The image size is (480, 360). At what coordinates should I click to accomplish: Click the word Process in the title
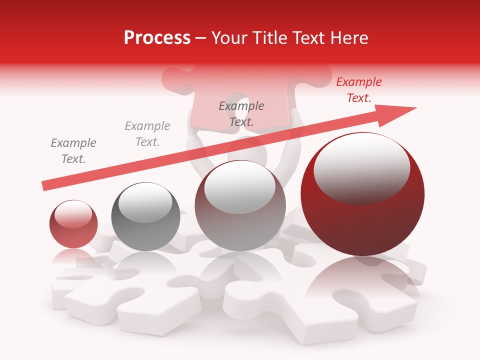point(157,38)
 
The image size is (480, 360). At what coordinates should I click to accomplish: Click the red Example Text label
point(359,90)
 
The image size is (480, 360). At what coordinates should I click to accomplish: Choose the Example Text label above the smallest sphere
point(73,151)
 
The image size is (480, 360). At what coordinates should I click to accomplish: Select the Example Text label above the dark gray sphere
point(147,134)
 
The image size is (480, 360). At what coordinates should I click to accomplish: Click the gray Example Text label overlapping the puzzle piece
point(241,113)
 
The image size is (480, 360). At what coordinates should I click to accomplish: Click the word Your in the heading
point(229,38)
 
